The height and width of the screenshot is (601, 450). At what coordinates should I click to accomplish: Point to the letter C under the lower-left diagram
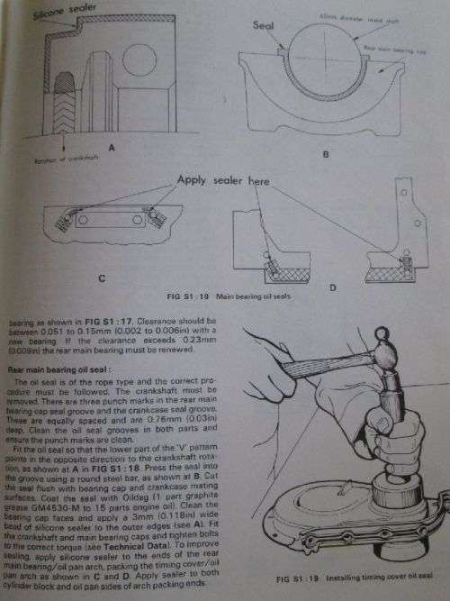tap(100, 278)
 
